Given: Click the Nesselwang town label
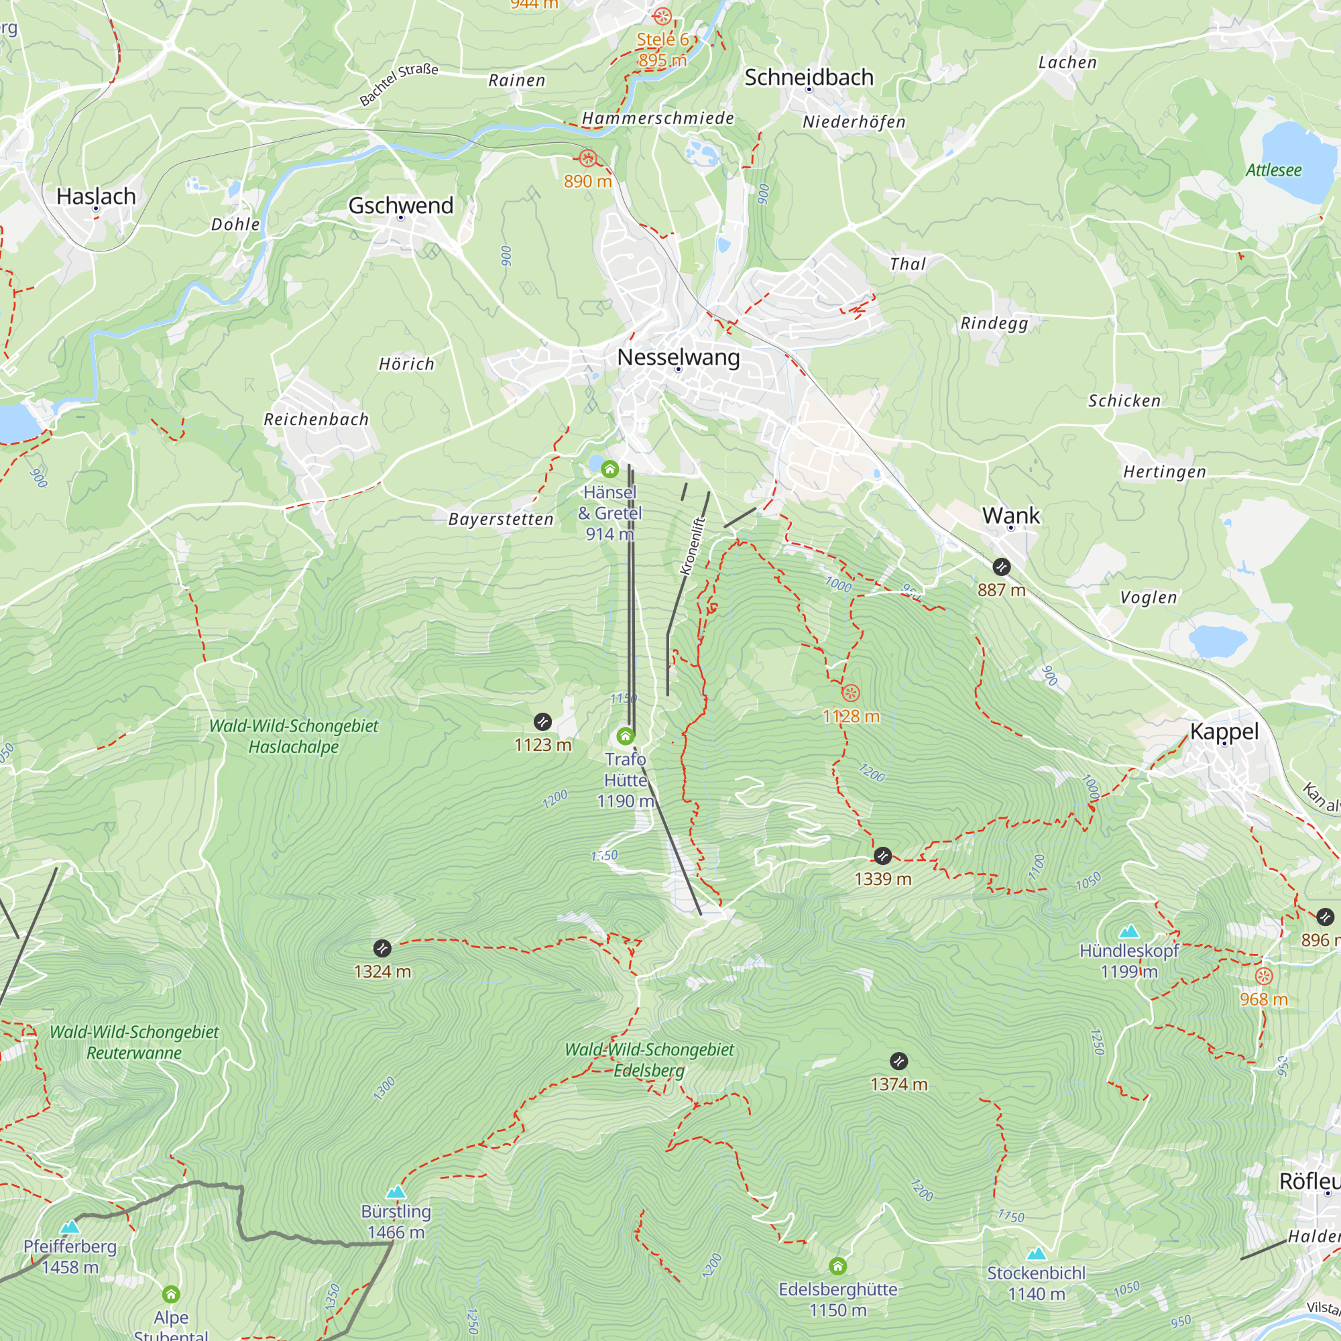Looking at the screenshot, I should point(678,357).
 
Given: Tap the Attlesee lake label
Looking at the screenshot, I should point(1273,170).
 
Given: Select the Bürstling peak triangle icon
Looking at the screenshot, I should point(396,1192).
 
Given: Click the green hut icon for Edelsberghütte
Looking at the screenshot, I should point(837,1266).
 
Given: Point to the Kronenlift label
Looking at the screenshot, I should point(693,546).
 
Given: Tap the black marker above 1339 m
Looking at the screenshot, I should point(882,855).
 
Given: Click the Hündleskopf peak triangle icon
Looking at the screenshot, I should point(1129,931).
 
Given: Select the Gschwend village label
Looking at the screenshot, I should point(400,205).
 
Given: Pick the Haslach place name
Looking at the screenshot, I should point(96,196).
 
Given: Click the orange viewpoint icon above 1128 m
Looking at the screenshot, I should point(850,693).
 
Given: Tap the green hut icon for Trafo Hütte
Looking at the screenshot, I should point(626,736).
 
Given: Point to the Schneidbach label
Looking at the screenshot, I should point(809,78).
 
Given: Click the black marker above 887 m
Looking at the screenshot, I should point(1001,567).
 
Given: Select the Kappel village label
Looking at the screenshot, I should point(1224,731).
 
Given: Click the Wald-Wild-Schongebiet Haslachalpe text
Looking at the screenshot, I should point(294,736).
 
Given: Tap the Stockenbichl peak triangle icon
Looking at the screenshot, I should point(1037,1254).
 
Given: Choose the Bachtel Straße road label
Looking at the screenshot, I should point(398,84).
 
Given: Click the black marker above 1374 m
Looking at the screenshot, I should point(898,1061).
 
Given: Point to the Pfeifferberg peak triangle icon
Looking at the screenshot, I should point(70,1227).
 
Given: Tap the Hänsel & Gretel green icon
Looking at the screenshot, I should point(609,469).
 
